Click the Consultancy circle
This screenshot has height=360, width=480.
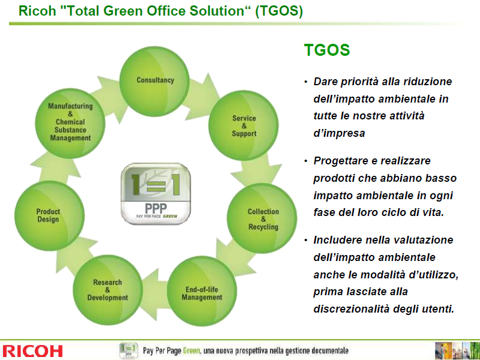(x=154, y=81)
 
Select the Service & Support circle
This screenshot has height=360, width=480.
(x=244, y=125)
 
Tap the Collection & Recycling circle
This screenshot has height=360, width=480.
(x=262, y=218)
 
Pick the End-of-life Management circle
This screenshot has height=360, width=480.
(x=202, y=291)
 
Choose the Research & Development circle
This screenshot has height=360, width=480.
(x=108, y=290)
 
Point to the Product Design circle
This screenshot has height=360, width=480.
(x=50, y=216)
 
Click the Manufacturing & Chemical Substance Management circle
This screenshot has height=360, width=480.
(x=70, y=124)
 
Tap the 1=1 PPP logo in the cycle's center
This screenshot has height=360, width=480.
(x=156, y=193)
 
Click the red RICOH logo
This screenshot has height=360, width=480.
(x=32, y=351)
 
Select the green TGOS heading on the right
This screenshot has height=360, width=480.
(x=326, y=50)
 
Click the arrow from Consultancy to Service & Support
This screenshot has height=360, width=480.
(x=204, y=93)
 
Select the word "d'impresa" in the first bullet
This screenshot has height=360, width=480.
(x=339, y=133)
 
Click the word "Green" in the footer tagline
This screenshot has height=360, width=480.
(x=191, y=350)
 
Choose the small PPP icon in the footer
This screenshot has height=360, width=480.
(x=128, y=350)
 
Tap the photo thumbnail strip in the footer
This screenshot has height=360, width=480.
(x=457, y=351)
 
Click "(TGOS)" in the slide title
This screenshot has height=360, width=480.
(x=279, y=11)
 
